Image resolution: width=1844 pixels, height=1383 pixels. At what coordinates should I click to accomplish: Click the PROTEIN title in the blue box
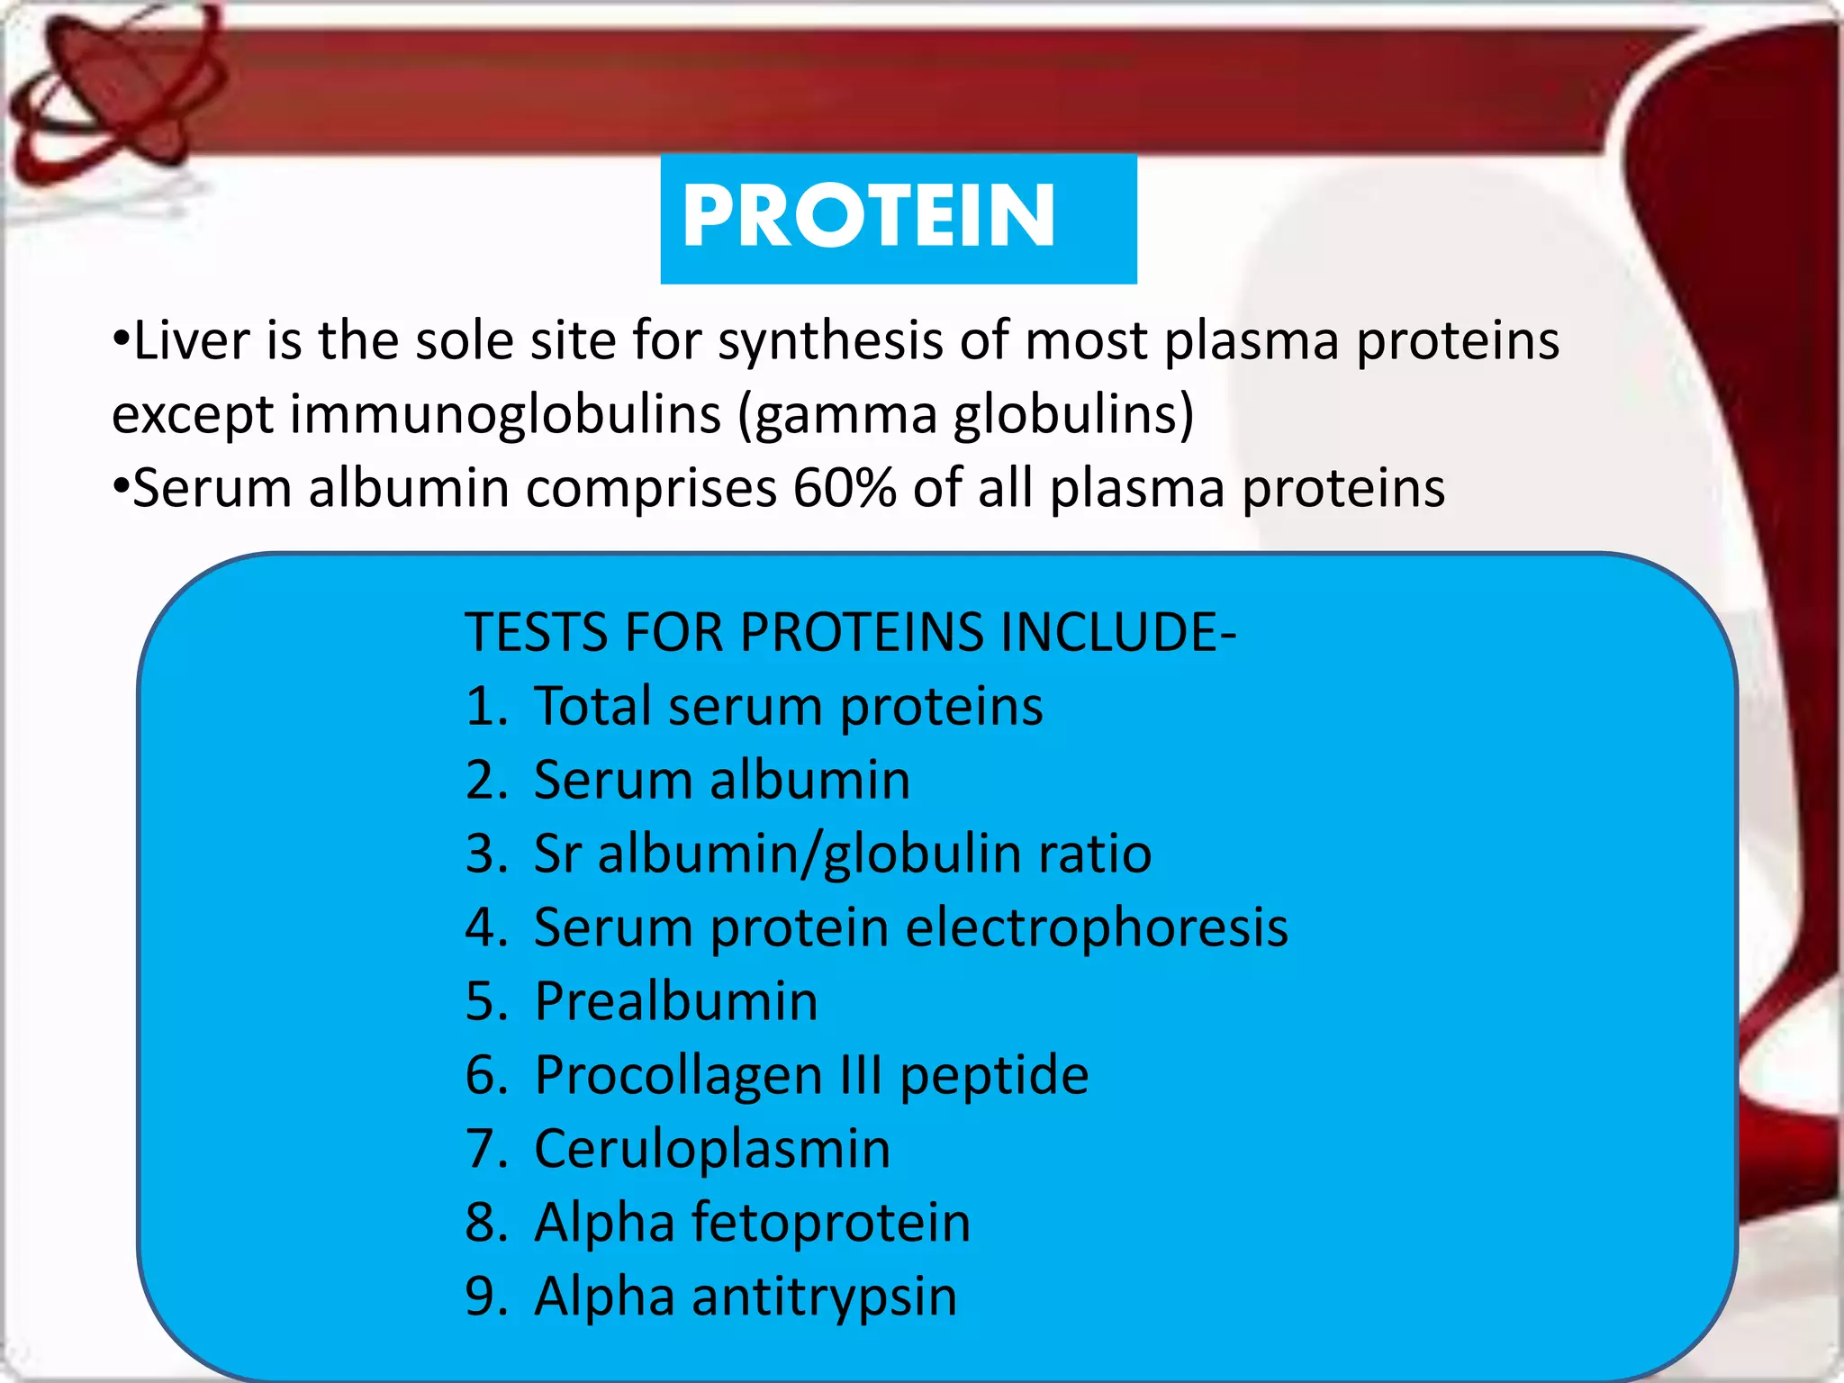[868, 216]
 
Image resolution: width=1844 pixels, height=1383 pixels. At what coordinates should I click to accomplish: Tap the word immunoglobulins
[505, 415]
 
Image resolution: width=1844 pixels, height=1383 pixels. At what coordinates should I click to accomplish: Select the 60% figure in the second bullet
[845, 489]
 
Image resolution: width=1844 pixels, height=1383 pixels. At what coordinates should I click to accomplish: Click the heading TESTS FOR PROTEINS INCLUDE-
[850, 632]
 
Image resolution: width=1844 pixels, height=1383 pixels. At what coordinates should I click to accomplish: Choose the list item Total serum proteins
[788, 706]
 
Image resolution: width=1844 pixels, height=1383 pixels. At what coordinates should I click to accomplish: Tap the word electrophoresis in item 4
[1096, 927]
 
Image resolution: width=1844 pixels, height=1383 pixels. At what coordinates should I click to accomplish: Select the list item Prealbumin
[675, 1001]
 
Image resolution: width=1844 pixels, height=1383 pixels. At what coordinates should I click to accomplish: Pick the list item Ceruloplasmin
[711, 1149]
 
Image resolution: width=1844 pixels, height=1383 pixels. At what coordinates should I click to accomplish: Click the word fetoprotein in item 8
[831, 1223]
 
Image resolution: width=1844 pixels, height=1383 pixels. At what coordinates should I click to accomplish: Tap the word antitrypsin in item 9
[824, 1297]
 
